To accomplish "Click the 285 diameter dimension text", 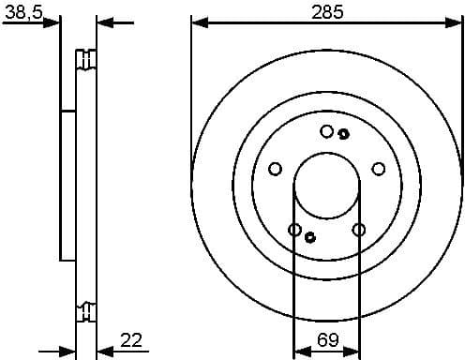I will pyautogui.click(x=326, y=12).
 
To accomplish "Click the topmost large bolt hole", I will pyautogui.click(x=326, y=131).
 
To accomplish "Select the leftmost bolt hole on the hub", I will pyautogui.click(x=275, y=169).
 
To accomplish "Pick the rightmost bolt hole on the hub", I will pyautogui.click(x=379, y=169).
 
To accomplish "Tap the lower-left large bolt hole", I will pyautogui.click(x=294, y=230).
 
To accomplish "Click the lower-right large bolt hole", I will pyautogui.click(x=358, y=230).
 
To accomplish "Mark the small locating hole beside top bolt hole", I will pyautogui.click(x=343, y=133).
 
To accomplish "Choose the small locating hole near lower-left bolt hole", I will pyautogui.click(x=310, y=237).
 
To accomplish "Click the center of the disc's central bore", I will pyautogui.click(x=326, y=187).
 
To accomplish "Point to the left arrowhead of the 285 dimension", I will pyautogui.click(x=197, y=22).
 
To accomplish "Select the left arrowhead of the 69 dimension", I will pyautogui.click(x=299, y=349).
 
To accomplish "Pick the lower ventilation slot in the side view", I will pyautogui.click(x=87, y=309).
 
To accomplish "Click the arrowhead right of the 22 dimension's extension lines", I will pyautogui.click(x=103, y=349).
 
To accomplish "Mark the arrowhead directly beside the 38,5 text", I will pyautogui.click(x=54, y=22).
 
